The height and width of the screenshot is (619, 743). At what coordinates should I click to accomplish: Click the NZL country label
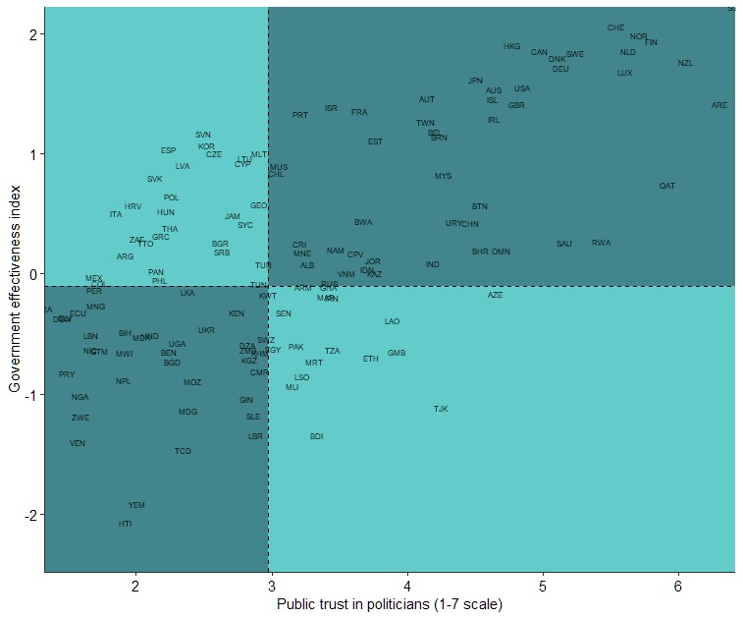[x=685, y=64]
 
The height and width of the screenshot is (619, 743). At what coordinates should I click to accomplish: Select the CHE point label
[x=615, y=28]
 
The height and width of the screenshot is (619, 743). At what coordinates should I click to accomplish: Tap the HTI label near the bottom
[x=125, y=525]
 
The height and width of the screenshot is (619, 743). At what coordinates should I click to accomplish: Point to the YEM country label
[x=136, y=505]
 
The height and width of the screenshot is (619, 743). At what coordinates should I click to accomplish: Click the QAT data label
[x=667, y=186]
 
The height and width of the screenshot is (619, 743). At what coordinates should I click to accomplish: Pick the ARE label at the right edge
[x=719, y=105]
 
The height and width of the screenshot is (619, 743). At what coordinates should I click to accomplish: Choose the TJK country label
[x=441, y=409]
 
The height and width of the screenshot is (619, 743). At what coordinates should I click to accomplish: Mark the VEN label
[x=78, y=443]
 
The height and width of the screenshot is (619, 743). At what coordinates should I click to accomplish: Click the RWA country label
[x=601, y=243]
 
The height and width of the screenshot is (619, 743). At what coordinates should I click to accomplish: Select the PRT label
[x=300, y=115]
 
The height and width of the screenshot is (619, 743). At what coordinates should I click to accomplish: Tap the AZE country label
[x=495, y=295]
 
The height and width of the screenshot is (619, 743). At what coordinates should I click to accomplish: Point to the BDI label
[x=316, y=436]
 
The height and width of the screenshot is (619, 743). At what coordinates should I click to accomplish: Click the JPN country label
[x=475, y=81]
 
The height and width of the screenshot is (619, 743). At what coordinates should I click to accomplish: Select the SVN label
[x=203, y=135]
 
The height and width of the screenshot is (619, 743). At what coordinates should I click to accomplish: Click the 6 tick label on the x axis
[x=677, y=586]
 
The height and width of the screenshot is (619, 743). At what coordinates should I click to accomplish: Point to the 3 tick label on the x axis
[x=271, y=586]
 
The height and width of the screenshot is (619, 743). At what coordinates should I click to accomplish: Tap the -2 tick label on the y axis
[x=28, y=515]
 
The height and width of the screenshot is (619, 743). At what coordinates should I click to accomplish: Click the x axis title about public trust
[x=390, y=603]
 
